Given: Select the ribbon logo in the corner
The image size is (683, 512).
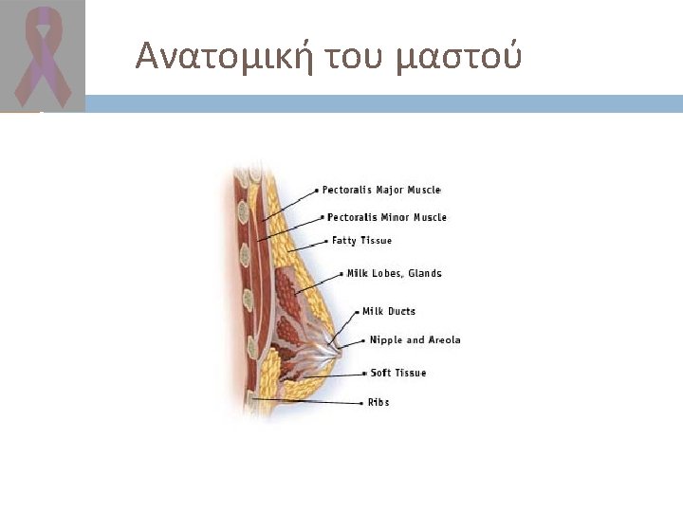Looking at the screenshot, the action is [41, 55].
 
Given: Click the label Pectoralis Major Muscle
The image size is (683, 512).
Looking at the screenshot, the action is [381, 190].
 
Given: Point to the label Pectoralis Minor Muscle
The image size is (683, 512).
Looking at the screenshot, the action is [387, 217].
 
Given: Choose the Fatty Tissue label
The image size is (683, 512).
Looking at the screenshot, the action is [361, 241].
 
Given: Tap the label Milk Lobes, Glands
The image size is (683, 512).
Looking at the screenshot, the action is [394, 274].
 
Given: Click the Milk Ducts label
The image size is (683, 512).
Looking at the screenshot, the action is [389, 311].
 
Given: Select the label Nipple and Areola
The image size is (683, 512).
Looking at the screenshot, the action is [415, 339].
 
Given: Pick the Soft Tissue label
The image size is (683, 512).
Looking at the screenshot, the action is [398, 373].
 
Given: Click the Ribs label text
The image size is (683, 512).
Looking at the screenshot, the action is [378, 402].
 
